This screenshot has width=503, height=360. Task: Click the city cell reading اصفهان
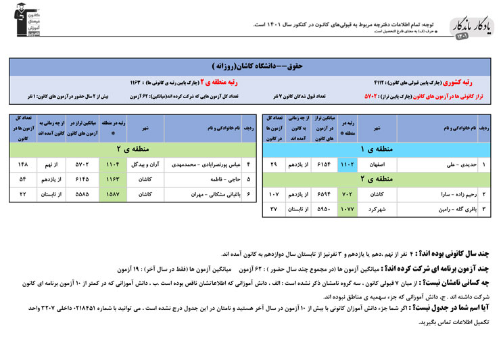pyautogui.click(x=377, y=164)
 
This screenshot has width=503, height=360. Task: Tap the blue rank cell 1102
pyautogui.click(x=347, y=164)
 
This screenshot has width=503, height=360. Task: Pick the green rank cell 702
pyautogui.click(x=347, y=194)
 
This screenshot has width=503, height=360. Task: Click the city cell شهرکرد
pyautogui.click(x=377, y=208)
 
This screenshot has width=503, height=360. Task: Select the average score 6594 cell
pyautogui.click(x=324, y=194)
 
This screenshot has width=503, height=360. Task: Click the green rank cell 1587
pyautogui.click(x=113, y=194)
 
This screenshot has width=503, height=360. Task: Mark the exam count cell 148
pyautogui.click(x=24, y=164)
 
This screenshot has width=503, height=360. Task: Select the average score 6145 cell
pyautogui.click(x=81, y=179)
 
